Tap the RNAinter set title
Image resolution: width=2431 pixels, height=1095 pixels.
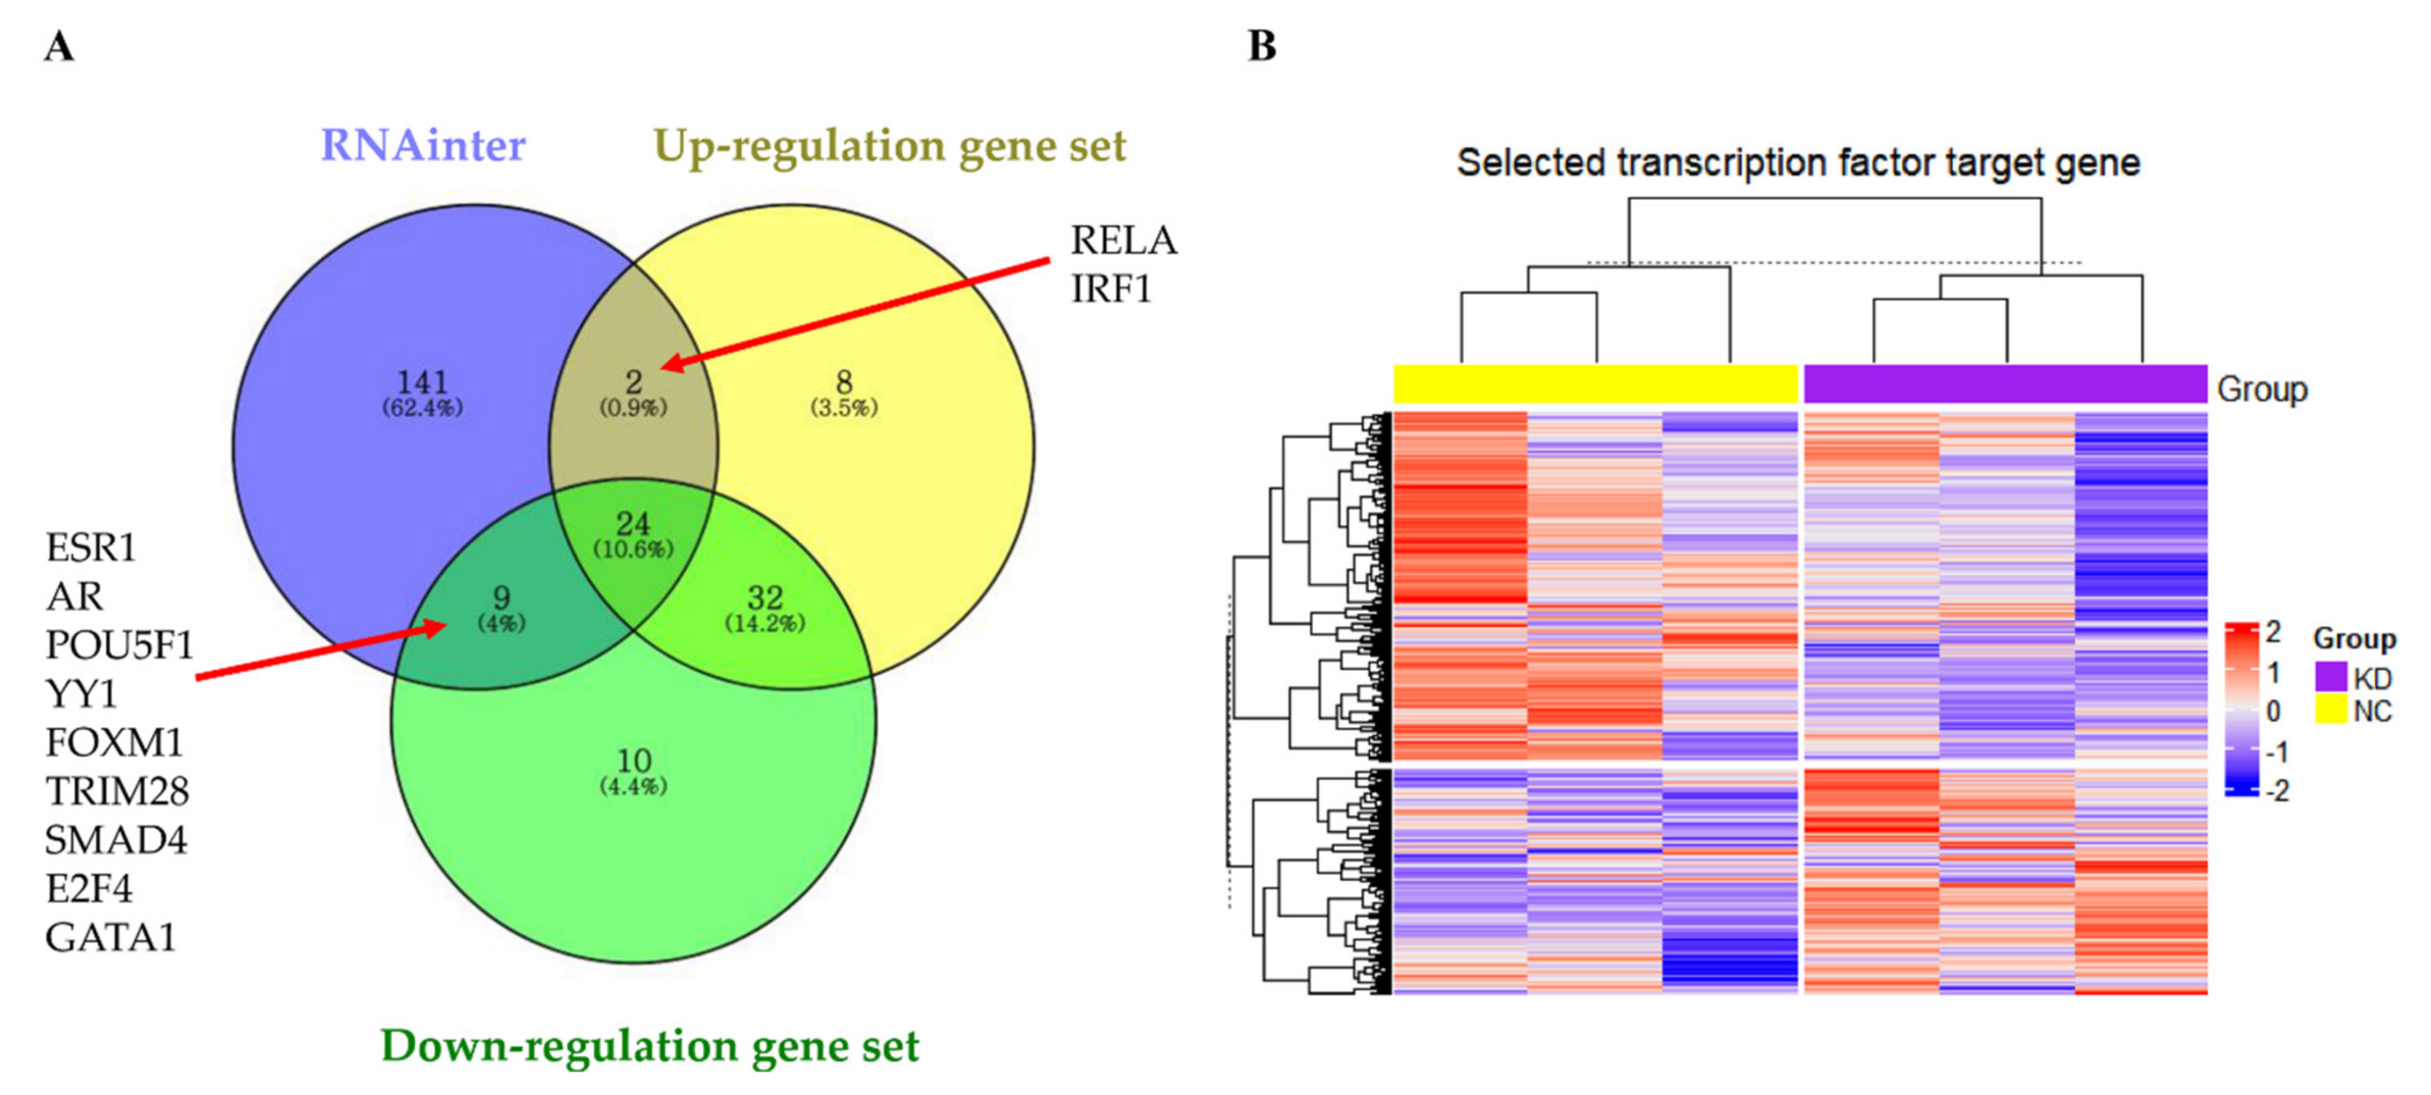pyautogui.click(x=423, y=145)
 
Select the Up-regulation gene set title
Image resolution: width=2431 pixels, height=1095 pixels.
pyautogui.click(x=889, y=145)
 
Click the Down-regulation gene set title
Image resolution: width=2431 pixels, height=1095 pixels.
pyautogui.click(x=649, y=1045)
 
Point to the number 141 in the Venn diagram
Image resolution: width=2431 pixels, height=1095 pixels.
pyautogui.click(x=422, y=382)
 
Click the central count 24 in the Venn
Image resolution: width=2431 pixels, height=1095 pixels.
pyautogui.click(x=633, y=524)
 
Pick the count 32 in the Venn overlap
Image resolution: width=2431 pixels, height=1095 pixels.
pyautogui.click(x=765, y=597)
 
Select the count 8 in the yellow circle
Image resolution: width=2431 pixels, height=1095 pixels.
pyautogui.click(x=844, y=382)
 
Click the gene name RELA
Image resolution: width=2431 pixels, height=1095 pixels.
pyautogui.click(x=1123, y=241)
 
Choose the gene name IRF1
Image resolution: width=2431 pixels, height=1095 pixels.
pyautogui.click(x=1111, y=289)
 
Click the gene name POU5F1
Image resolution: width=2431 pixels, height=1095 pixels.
pyautogui.click(x=119, y=645)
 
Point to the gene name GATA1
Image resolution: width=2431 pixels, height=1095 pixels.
pyautogui.click(x=110, y=937)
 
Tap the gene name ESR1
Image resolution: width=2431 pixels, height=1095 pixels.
pyautogui.click(x=91, y=547)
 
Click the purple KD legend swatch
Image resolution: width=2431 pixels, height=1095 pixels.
pyautogui.click(x=2330, y=677)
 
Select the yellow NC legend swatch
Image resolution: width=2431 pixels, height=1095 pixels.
pyautogui.click(x=2330, y=710)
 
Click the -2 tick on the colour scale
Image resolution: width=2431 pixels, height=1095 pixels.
pyautogui.click(x=2277, y=791)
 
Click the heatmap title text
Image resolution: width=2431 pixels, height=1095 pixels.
pyautogui.click(x=1798, y=162)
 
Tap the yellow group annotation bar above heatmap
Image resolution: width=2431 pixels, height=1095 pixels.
pyautogui.click(x=1596, y=384)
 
